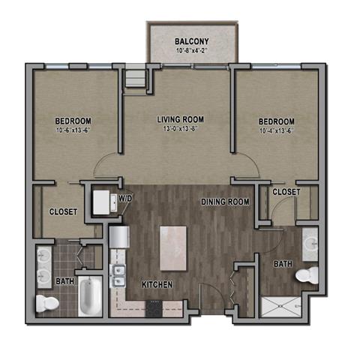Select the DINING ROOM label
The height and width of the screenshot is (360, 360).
point(224,202)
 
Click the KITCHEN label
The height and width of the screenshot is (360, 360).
point(157,285)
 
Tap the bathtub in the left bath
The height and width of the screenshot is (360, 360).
point(88,296)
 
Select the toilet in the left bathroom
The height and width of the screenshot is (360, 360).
point(46,302)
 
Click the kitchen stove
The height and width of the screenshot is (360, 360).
point(154,307)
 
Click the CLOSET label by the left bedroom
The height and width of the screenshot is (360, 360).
point(63,212)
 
